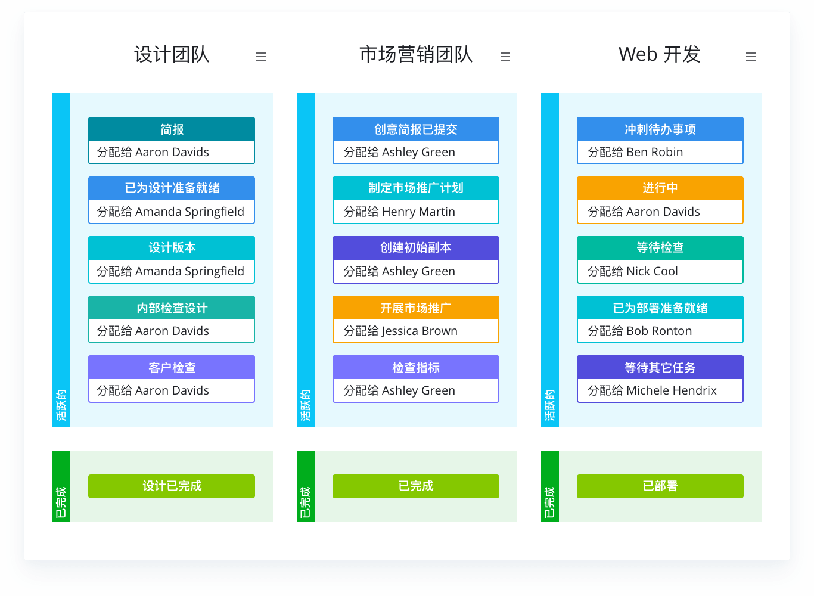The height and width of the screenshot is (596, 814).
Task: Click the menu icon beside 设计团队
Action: (x=261, y=57)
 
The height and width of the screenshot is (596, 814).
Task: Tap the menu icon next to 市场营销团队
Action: (x=505, y=57)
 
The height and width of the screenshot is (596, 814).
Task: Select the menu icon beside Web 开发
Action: (x=750, y=57)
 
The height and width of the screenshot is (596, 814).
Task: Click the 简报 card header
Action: (x=172, y=129)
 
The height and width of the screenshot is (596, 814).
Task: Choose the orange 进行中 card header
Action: (x=660, y=188)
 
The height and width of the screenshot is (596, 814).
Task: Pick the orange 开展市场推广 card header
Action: (x=416, y=308)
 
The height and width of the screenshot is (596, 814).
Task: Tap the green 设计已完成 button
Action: (x=172, y=486)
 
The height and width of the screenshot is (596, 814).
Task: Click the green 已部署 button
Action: (x=660, y=486)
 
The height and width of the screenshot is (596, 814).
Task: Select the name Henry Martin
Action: (x=419, y=212)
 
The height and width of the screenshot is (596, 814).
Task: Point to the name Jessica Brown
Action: (x=420, y=331)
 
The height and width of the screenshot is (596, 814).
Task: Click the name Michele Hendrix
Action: (x=672, y=390)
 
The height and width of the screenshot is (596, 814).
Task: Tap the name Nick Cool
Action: (x=653, y=271)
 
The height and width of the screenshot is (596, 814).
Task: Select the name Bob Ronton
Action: (x=659, y=331)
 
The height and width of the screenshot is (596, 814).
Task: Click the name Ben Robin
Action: (x=655, y=152)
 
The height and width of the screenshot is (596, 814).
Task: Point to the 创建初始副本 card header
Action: (x=416, y=248)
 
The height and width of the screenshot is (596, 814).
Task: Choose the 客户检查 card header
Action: (x=172, y=367)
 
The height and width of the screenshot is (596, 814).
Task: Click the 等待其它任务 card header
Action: (x=660, y=367)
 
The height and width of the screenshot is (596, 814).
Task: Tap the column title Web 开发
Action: (x=659, y=54)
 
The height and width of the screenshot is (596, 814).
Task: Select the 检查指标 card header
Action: (x=416, y=367)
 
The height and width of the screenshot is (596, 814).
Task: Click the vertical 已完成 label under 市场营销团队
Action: (x=305, y=502)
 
